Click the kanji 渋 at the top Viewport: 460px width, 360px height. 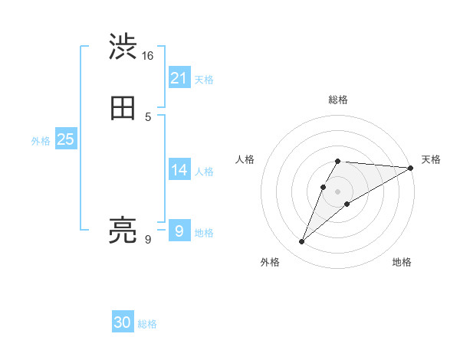tap(123, 47)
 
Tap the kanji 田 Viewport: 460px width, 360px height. tap(123, 108)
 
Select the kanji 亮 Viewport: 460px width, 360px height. tap(123, 230)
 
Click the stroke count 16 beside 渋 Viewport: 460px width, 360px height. tap(148, 56)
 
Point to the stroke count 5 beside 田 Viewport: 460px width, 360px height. tap(148, 116)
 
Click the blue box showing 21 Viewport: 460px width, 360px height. tap(179, 77)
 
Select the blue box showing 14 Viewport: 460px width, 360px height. tap(179, 170)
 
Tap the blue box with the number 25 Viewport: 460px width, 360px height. tap(66, 139)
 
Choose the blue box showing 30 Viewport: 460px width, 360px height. tap(123, 322)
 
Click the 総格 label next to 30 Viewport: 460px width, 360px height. tap(147, 324)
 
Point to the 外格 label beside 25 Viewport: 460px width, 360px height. tap(41, 141)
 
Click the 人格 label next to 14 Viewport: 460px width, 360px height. tap(204, 172)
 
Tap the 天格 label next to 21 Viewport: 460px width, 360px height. tap(204, 80)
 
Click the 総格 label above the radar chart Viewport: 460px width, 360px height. tap(338, 100)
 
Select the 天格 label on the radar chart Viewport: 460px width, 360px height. tap(431, 159)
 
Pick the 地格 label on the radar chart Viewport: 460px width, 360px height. tap(402, 263)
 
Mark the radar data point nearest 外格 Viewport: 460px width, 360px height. tap(301, 242)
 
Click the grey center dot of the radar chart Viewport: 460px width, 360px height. tap(338, 191)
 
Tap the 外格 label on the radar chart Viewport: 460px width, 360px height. tap(270, 263)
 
